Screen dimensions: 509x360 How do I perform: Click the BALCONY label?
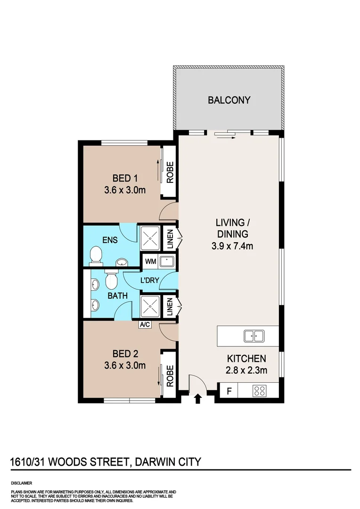tap(229, 100)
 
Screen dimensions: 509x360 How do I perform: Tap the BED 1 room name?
tap(125, 178)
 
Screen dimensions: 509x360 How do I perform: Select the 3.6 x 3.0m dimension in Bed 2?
tap(125, 365)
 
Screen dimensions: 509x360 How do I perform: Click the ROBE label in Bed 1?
tap(169, 172)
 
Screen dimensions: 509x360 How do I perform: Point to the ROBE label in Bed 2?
tap(169, 376)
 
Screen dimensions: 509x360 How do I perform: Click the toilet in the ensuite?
tap(96, 255)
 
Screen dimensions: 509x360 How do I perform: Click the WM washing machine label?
tap(150, 261)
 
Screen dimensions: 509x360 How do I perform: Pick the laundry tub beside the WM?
tap(167, 261)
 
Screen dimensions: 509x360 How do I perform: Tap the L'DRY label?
tap(149, 281)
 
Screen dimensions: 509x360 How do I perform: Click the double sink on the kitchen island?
tap(254, 336)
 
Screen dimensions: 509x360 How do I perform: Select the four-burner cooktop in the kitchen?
tap(260, 391)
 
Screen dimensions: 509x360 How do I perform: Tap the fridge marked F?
tap(229, 391)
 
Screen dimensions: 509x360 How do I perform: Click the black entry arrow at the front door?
tap(198, 399)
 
